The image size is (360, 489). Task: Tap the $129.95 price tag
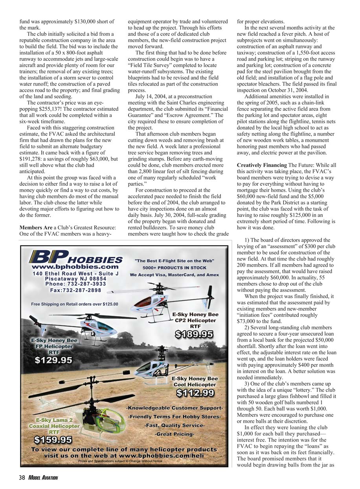(53, 359)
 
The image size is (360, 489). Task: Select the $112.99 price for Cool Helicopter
(195, 392)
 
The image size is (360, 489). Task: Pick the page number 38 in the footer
(21, 478)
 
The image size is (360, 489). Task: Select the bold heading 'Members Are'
(36, 228)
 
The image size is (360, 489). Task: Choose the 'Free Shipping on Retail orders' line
(74, 304)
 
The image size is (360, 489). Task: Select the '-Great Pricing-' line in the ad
(174, 434)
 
